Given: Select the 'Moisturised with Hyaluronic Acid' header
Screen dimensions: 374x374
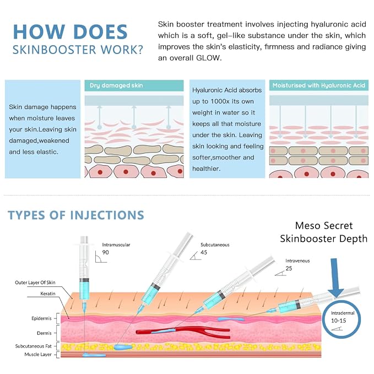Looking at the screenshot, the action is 319,85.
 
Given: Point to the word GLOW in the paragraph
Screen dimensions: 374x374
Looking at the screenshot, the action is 208,58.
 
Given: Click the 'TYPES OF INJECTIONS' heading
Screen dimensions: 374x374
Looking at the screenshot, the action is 76,215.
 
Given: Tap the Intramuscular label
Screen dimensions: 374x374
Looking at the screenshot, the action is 116,245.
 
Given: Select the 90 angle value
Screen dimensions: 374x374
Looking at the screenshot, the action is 105,252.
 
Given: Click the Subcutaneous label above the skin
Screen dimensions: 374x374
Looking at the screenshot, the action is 215,245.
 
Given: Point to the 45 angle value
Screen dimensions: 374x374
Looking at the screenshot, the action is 204,252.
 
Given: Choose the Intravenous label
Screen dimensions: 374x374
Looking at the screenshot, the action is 297,261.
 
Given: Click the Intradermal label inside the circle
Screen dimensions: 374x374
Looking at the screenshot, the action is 343,313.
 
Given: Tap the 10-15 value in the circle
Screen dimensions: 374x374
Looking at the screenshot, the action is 338,321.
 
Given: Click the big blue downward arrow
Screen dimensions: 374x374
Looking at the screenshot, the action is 336,278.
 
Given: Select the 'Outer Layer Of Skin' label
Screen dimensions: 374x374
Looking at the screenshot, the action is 35,283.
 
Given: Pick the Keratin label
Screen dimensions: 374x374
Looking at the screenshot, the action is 48,294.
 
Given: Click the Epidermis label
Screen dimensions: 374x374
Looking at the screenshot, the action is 41,318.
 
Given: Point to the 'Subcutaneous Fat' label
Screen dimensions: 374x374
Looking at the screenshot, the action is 34,346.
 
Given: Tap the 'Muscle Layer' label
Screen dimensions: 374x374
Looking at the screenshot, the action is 38,355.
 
